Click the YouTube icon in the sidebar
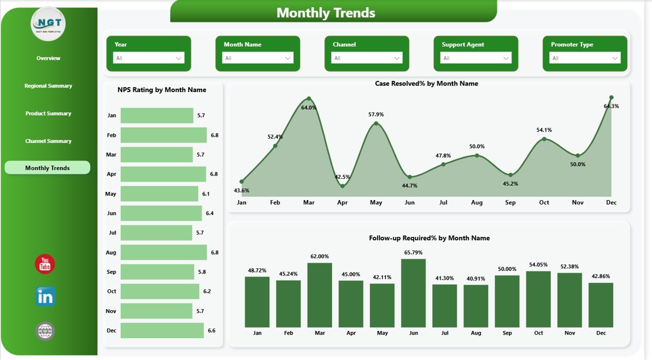tap(45, 264)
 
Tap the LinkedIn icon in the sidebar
tap(45, 296)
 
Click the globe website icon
tap(45, 331)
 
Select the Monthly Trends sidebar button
tap(47, 168)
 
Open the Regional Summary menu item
tap(48, 86)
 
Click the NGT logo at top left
tap(48, 23)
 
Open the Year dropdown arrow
tap(179, 58)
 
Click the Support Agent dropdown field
tap(475, 58)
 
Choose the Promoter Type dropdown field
tap(584, 58)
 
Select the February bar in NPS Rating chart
tap(164, 135)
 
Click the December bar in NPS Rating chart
tap(162, 330)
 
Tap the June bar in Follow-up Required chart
tap(413, 293)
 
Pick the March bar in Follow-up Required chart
tap(319, 295)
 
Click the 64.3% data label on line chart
tap(611, 106)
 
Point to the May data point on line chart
tap(376, 123)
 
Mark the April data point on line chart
tap(342, 186)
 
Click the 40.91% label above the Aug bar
tap(476, 278)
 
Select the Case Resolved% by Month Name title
tap(426, 84)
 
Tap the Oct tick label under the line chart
tap(544, 203)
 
